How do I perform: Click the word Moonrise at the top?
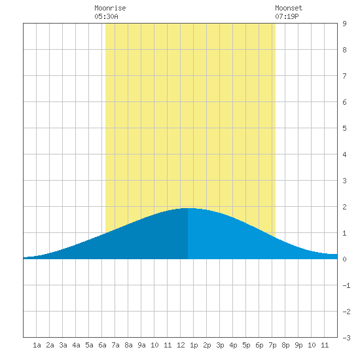[110, 8]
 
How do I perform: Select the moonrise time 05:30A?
[106, 16]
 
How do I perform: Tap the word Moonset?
[289, 8]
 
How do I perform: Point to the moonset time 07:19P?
[287, 16]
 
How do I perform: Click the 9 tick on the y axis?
[344, 24]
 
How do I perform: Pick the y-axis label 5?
[344, 128]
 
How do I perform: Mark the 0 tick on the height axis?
[344, 259]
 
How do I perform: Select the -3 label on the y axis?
[346, 338]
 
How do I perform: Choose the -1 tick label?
[346, 285]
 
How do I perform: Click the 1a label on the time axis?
[37, 345]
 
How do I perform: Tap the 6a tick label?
[102, 345]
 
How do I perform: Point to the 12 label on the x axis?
[181, 345]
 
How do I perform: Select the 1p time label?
[194, 345]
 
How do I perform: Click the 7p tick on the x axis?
[272, 345]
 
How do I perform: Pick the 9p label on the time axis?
[298, 345]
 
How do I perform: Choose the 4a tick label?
[76, 345]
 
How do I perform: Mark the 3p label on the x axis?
[220, 345]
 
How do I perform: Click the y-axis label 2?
[344, 207]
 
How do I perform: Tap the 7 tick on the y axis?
[344, 76]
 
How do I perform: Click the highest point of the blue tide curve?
[188, 208]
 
